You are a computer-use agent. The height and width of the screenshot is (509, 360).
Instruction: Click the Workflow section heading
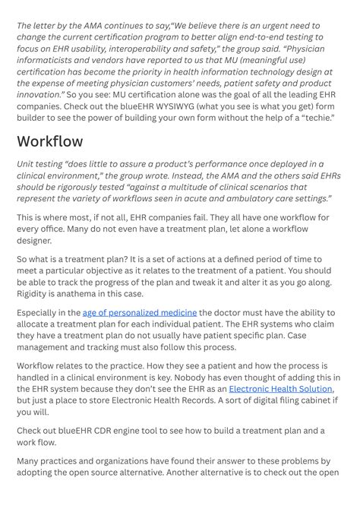pyautogui.click(x=50, y=142)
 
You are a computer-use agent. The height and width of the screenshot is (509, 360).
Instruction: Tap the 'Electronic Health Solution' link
pyautogui.click(x=280, y=388)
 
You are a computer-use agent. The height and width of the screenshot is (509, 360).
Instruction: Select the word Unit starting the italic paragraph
pyautogui.click(x=27, y=164)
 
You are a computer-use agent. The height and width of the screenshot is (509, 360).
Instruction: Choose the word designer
pyautogui.click(x=34, y=240)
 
